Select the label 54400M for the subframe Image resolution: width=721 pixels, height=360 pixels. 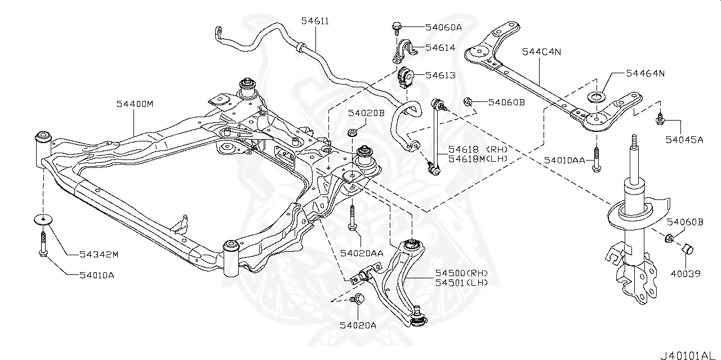[135, 104]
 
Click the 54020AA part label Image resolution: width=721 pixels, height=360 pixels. [361, 253]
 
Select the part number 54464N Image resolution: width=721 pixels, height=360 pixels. [646, 73]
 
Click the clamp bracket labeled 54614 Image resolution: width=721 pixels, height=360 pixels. [403, 51]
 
